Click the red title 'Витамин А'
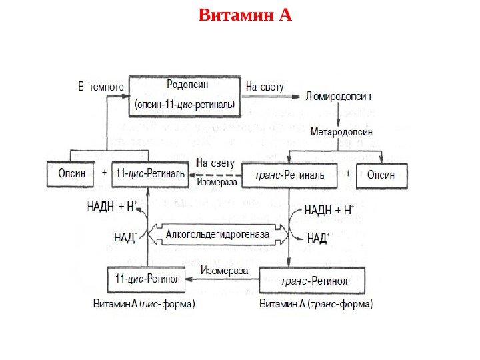(x=245, y=14)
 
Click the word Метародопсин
(x=341, y=132)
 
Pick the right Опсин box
(x=381, y=175)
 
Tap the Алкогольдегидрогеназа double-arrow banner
(x=217, y=234)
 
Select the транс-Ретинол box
(x=312, y=281)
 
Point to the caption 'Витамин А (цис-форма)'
(x=143, y=305)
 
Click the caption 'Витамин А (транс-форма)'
(x=316, y=305)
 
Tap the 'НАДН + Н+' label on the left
(x=112, y=206)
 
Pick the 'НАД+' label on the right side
(x=317, y=237)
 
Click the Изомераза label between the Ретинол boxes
(x=224, y=271)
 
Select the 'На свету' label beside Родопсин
(x=265, y=87)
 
